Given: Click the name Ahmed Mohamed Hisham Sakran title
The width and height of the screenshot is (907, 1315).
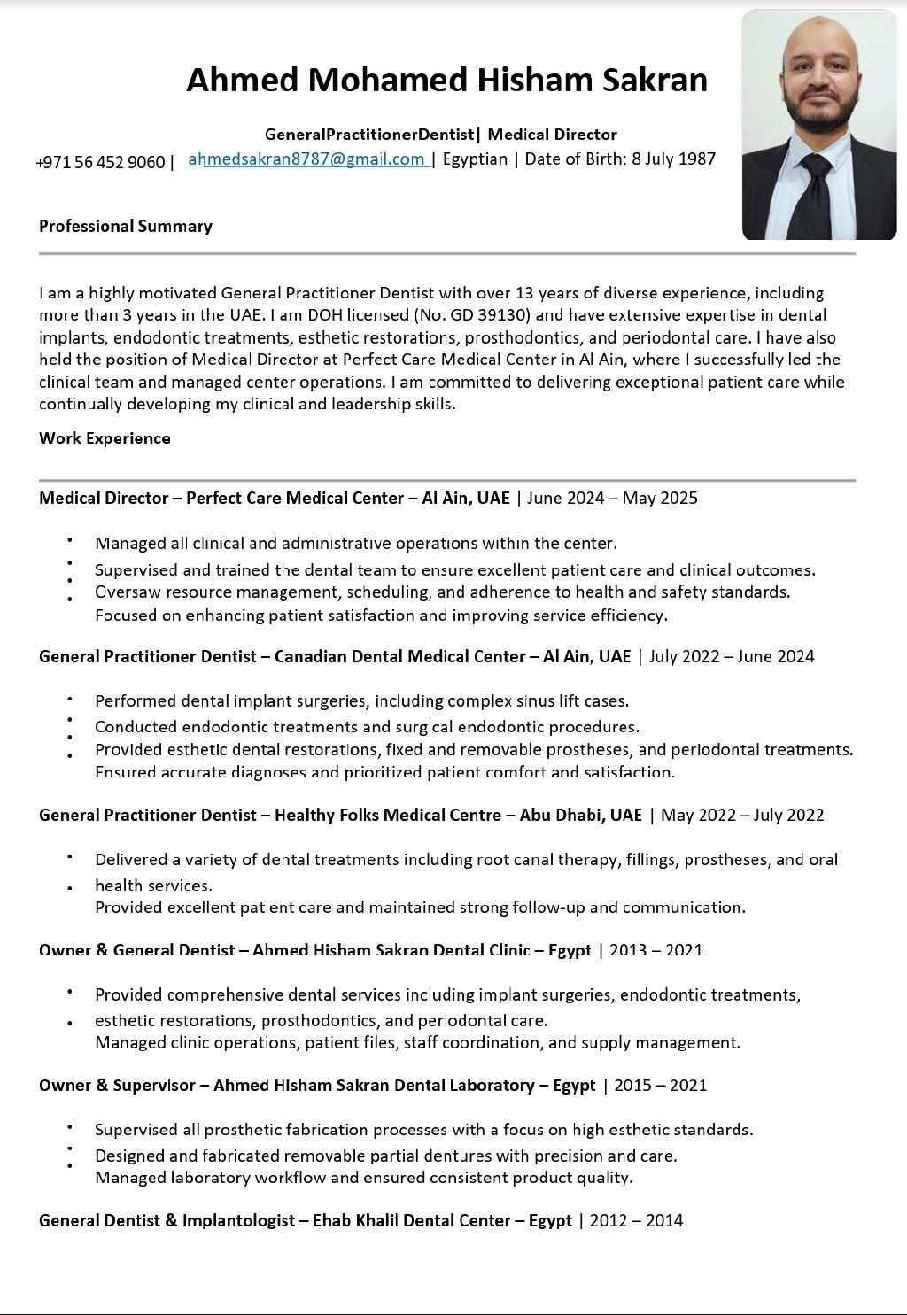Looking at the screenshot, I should click(446, 80).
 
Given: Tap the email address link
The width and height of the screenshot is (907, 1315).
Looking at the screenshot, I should click(309, 159).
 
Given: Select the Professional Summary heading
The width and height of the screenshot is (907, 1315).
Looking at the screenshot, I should click(126, 226).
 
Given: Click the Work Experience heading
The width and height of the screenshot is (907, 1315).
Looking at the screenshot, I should click(105, 438).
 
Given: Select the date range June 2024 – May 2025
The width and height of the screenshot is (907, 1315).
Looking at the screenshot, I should click(612, 498).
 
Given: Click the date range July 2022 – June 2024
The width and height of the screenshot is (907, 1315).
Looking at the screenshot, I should click(732, 656).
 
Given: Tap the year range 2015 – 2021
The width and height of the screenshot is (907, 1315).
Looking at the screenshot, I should click(661, 1085).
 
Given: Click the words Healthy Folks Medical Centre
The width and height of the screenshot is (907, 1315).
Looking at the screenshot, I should click(388, 815).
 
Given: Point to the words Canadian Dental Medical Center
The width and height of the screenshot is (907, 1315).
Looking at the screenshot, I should click(399, 656).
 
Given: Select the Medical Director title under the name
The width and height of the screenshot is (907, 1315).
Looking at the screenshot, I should click(552, 135).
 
